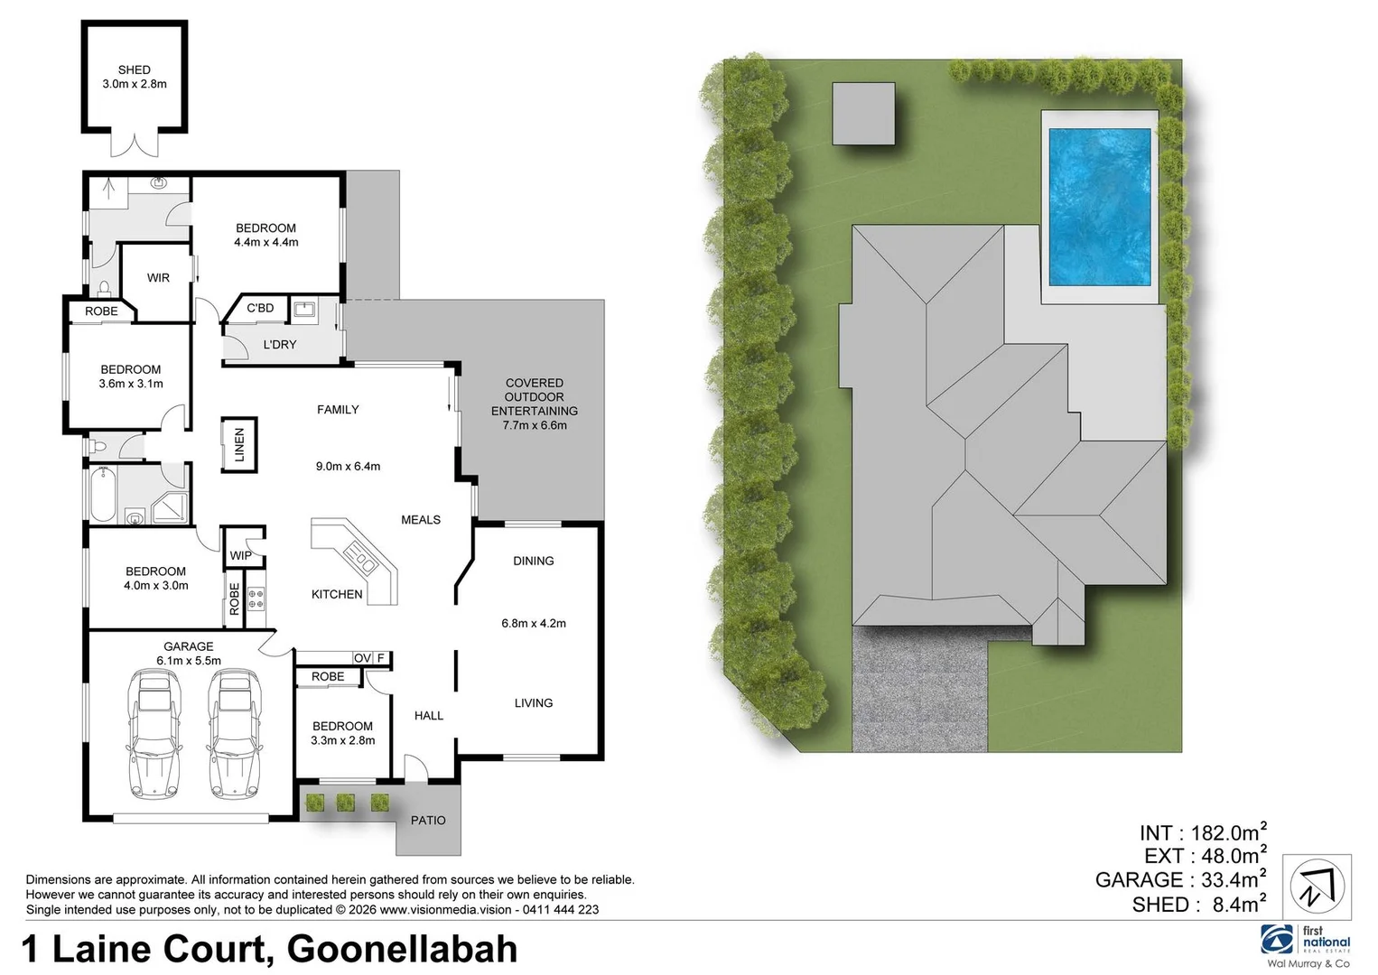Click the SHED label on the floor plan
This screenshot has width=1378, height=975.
(x=134, y=70)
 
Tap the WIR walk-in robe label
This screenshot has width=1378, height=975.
(x=158, y=278)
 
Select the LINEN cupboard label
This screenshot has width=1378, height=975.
(x=239, y=444)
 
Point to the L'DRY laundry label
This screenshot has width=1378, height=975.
(x=280, y=345)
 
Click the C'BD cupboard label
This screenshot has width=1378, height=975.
(x=260, y=308)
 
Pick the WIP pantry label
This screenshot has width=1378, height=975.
(x=240, y=555)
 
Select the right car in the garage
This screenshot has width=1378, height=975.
(x=232, y=733)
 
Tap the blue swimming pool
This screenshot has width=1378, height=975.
(x=1099, y=205)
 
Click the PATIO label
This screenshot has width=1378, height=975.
(x=428, y=821)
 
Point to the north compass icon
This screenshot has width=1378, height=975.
(x=1318, y=887)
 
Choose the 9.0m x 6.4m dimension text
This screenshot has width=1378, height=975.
(x=348, y=467)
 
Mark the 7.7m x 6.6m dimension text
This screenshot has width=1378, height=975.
(x=535, y=425)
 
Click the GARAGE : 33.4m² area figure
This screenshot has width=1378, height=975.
(x=1180, y=880)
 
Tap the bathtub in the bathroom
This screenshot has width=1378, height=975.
(x=102, y=494)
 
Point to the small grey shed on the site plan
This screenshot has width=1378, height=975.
(x=863, y=113)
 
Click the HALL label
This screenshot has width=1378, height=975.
(x=429, y=716)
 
